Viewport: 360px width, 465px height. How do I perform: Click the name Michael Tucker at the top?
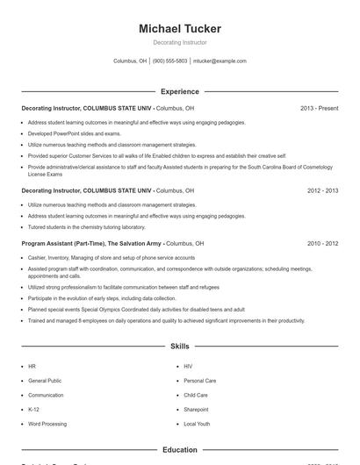pos(180,29)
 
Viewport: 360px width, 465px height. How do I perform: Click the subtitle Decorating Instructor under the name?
pos(180,42)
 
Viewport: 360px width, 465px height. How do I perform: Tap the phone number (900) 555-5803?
pos(170,61)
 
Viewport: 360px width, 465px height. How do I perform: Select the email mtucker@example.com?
pos(220,61)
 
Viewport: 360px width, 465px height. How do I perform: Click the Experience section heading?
pos(180,91)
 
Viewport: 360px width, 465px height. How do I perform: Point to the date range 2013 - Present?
pos(319,108)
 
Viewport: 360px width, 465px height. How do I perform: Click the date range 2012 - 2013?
pos(322,190)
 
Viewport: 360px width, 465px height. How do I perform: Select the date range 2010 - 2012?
pos(322,243)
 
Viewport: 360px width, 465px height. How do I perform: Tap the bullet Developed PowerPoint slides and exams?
pos(75,133)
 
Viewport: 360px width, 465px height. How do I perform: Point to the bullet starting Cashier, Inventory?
pos(112,258)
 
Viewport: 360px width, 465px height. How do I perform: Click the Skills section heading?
pos(180,347)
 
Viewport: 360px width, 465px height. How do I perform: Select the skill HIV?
pos(188,366)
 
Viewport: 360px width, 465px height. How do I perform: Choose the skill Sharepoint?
pos(196,409)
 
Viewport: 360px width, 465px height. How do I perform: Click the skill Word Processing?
pos(47,424)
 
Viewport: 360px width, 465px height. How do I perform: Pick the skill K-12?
pos(33,409)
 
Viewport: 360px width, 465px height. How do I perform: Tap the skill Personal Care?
pos(198,381)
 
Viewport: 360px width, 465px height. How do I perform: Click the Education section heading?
pos(180,450)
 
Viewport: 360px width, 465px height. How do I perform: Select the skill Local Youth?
pos(197,424)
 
